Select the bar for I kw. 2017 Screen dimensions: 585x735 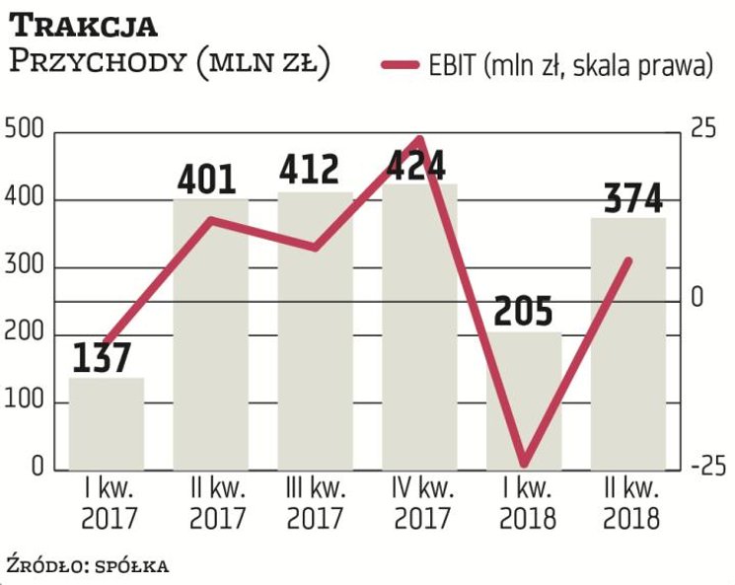coord(106,424)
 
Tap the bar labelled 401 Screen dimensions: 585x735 coord(210,335)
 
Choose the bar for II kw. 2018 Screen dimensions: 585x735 coord(628,345)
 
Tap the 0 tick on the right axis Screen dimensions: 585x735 coord(697,297)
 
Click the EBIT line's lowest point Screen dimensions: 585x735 coord(524,464)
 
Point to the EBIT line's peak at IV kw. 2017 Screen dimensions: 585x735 coord(419,140)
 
